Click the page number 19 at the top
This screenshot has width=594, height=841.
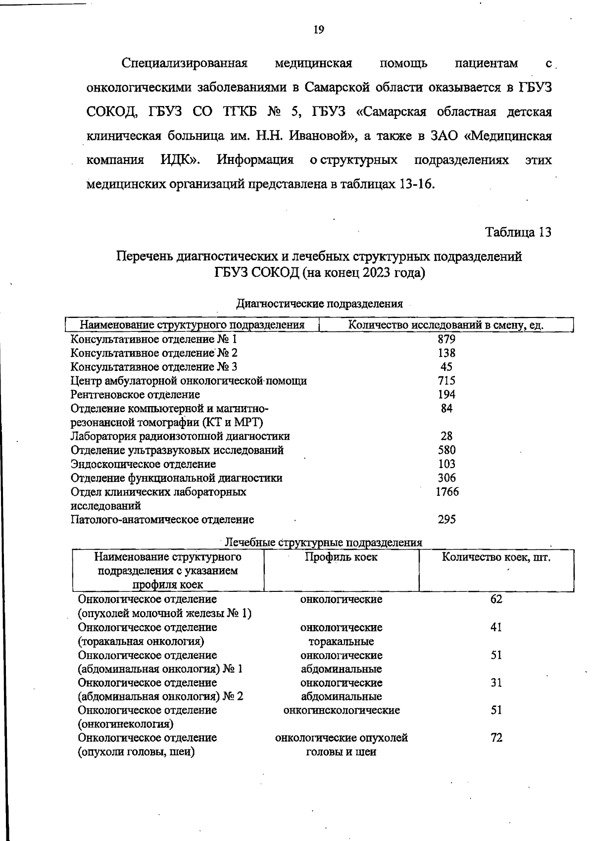(319, 30)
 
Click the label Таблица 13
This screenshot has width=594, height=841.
(518, 232)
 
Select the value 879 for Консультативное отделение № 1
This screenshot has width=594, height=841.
(446, 339)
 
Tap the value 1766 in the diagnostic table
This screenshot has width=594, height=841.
(446, 492)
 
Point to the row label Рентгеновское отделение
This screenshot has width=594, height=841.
(135, 395)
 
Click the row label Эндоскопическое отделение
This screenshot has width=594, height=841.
(143, 464)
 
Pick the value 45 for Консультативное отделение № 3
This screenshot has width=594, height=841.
(446, 367)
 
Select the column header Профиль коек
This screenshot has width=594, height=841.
(341, 557)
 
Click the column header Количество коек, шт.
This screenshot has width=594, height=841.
(496, 557)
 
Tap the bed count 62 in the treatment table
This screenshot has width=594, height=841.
(496, 599)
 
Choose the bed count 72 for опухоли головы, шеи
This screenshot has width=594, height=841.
(496, 738)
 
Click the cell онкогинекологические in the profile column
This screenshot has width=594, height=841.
(341, 710)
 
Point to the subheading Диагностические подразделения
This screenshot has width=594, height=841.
(319, 304)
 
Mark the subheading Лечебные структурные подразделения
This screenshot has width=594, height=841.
(324, 542)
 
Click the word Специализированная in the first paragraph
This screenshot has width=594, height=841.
(184, 64)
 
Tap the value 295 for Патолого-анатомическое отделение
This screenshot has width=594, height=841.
(446, 520)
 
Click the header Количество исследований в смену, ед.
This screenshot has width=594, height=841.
(446, 325)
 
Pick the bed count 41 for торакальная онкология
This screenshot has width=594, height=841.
(496, 628)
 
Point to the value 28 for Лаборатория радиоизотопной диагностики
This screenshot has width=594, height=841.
(446, 436)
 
